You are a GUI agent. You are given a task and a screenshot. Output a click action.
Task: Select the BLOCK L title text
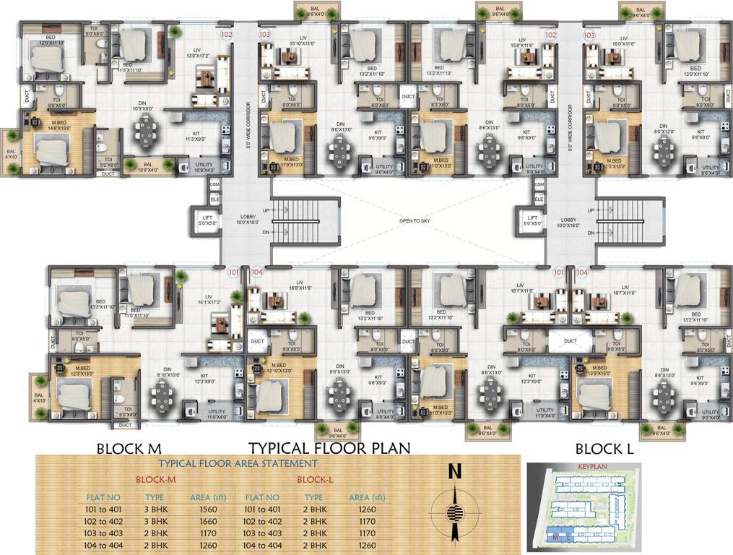tap(604, 449)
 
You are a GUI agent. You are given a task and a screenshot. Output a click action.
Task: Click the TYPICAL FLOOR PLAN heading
tap(329, 448)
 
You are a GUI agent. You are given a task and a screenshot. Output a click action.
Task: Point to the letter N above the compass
tap(454, 472)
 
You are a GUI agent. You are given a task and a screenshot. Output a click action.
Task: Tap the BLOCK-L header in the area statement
tap(313, 479)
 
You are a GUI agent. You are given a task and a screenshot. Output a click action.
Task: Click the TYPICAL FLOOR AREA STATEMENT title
tap(238, 463)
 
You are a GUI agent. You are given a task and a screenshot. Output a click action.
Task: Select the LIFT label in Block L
tap(533, 218)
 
